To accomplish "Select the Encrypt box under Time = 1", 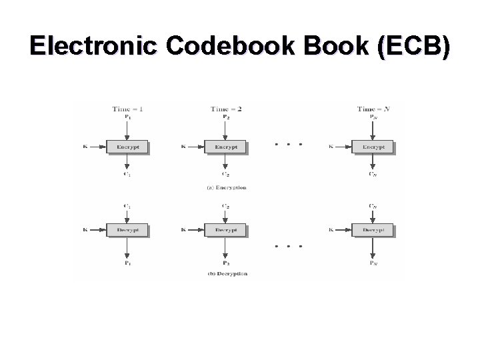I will [x=127, y=147].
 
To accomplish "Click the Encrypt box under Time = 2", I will [x=225, y=147].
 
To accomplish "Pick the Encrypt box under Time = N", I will [x=373, y=147].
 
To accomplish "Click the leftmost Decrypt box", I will [x=127, y=230].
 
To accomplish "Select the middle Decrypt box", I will [x=225, y=230].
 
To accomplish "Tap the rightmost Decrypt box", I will [x=373, y=230].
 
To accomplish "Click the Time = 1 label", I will [x=127, y=109].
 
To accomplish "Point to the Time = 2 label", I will [x=226, y=109].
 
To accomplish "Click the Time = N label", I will [x=373, y=109].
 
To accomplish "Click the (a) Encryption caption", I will [x=227, y=187].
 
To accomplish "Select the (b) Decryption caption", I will [x=227, y=273].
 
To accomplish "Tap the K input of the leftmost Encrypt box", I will [x=85, y=147].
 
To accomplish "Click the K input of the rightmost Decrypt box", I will [x=331, y=230].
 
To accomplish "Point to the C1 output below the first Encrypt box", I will [x=127, y=174].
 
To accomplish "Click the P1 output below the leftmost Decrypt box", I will [x=127, y=263].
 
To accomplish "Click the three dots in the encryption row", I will [x=289, y=144].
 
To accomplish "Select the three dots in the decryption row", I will [x=289, y=245].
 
